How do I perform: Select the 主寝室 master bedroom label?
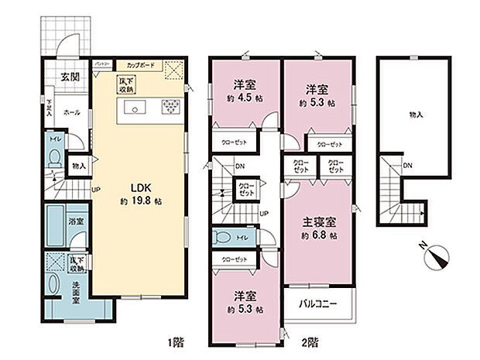click(318, 221)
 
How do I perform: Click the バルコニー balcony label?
click(318, 305)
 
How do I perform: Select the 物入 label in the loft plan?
click(415, 115)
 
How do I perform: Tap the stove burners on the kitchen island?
click(169, 108)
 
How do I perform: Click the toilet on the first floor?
click(54, 158)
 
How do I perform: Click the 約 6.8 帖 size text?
click(319, 235)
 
